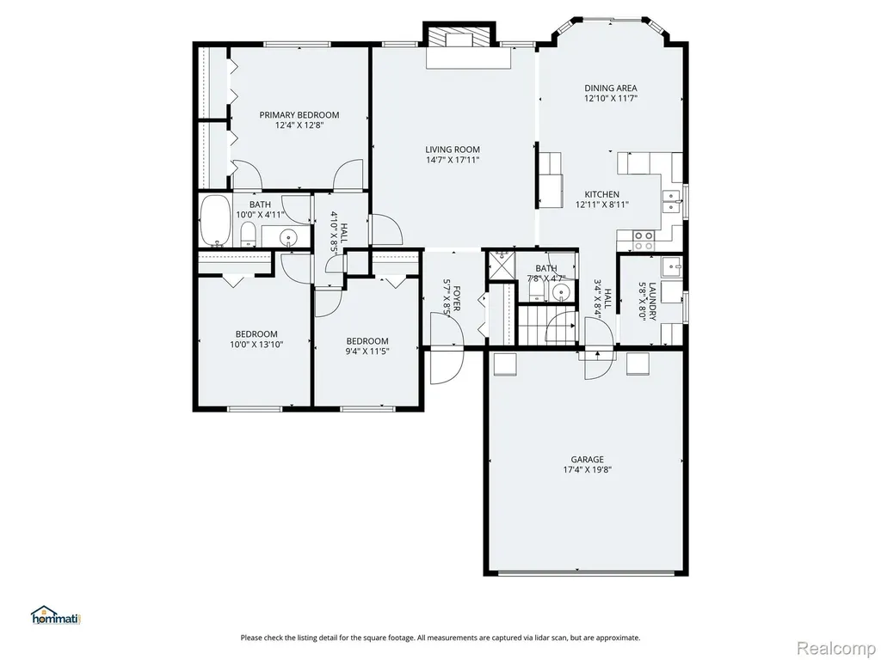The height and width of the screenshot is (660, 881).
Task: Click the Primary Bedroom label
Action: (299, 115)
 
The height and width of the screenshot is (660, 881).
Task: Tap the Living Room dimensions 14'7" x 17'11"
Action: (453, 160)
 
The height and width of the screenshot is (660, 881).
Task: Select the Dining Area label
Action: (611, 89)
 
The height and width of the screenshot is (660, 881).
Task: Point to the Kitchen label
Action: (601, 195)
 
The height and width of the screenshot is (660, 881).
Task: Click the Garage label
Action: (587, 460)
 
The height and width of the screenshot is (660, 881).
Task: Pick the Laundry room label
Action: (652, 301)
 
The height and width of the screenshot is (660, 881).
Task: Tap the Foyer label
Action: (457, 298)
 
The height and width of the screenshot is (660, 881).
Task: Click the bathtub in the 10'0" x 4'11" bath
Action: (214, 220)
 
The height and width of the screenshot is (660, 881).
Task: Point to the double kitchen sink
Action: (670, 201)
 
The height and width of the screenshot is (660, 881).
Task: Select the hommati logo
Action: (56, 615)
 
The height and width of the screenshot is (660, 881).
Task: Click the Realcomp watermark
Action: (836, 648)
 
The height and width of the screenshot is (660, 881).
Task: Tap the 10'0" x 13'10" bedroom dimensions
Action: (256, 345)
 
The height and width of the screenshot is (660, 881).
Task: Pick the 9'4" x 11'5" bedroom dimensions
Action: (367, 351)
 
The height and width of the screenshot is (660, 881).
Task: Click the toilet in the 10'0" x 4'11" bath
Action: (248, 234)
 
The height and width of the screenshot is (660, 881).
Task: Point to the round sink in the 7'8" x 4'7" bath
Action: (560, 292)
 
